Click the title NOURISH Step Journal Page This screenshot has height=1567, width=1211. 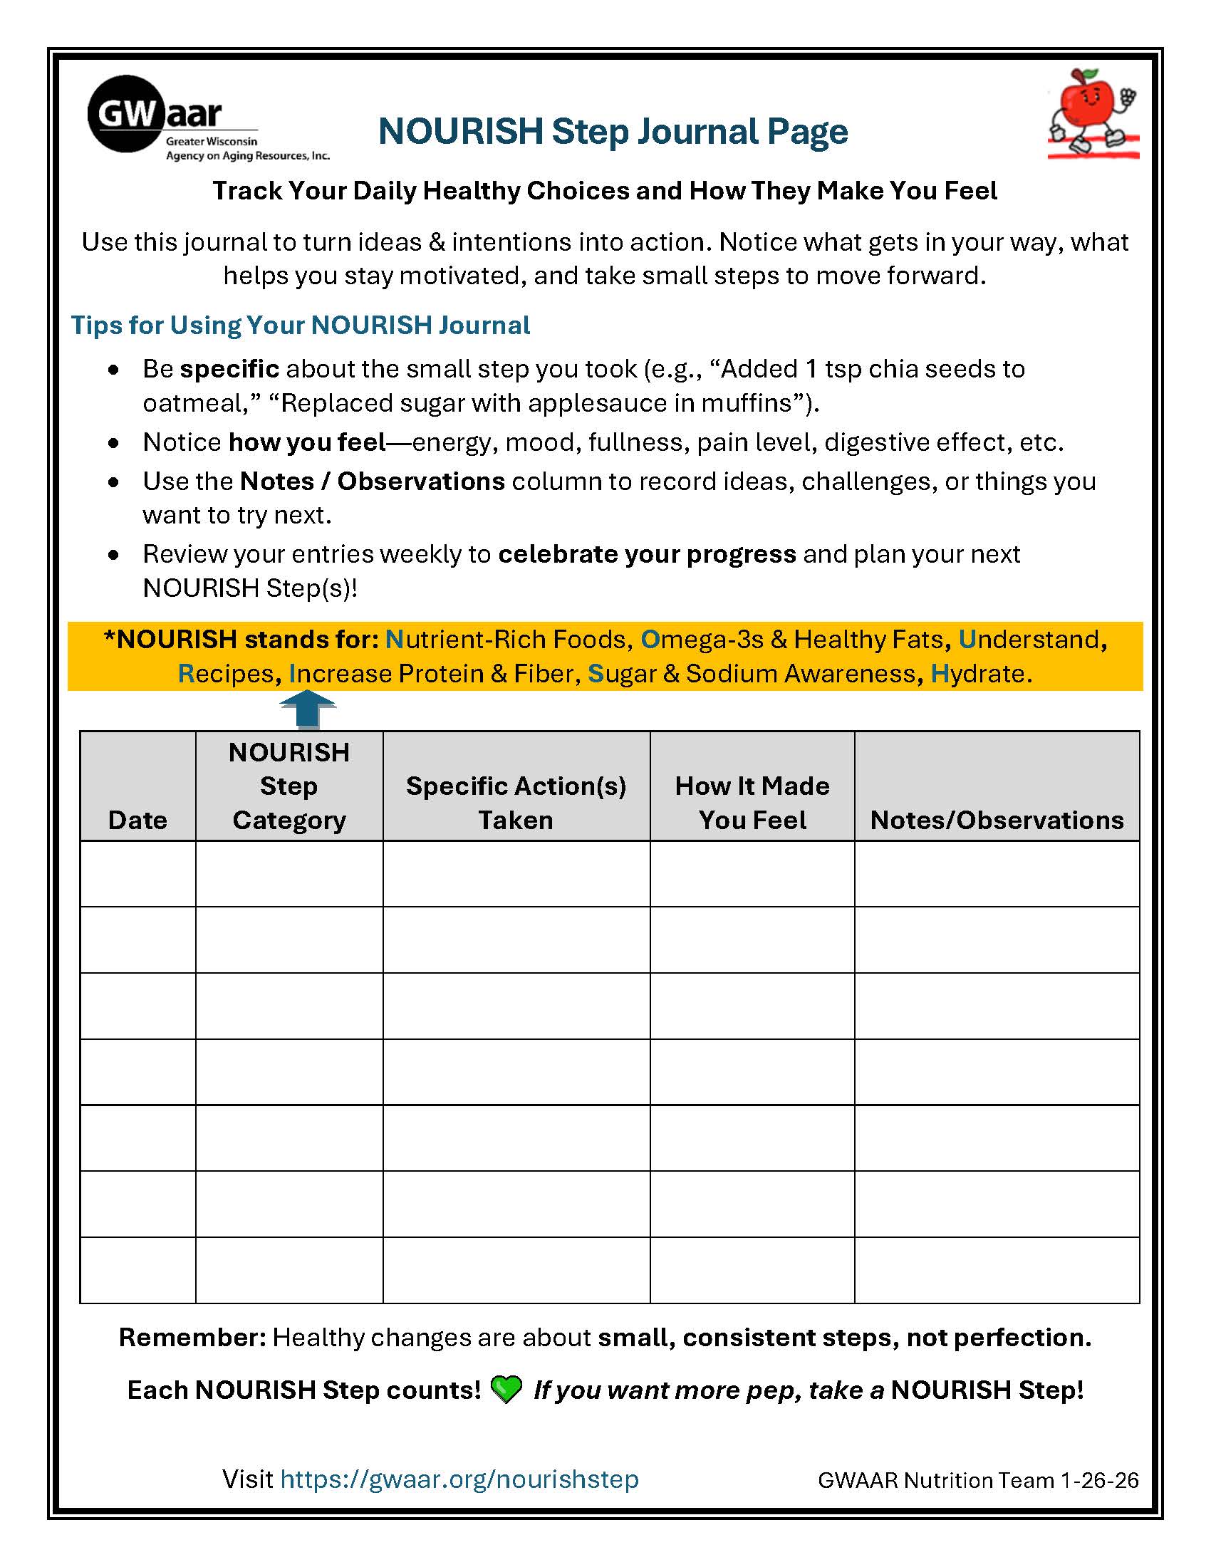(613, 132)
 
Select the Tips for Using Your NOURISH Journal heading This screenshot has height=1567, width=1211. (300, 325)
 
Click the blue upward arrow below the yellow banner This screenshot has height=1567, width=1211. (307, 709)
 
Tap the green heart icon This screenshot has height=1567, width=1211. (506, 1390)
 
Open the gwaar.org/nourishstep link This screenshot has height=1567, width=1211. (459, 1479)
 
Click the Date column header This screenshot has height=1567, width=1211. (137, 819)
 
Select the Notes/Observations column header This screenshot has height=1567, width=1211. (997, 819)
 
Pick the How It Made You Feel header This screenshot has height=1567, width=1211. (752, 803)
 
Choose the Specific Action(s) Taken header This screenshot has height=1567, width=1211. (516, 803)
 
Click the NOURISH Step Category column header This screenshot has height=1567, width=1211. (289, 786)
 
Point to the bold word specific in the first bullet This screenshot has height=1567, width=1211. (229, 369)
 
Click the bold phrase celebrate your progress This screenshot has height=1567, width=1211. (646, 554)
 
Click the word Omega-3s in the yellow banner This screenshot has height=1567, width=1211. (702, 640)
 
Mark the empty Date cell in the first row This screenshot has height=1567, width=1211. (137, 873)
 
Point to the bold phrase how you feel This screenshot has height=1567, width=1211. (307, 442)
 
